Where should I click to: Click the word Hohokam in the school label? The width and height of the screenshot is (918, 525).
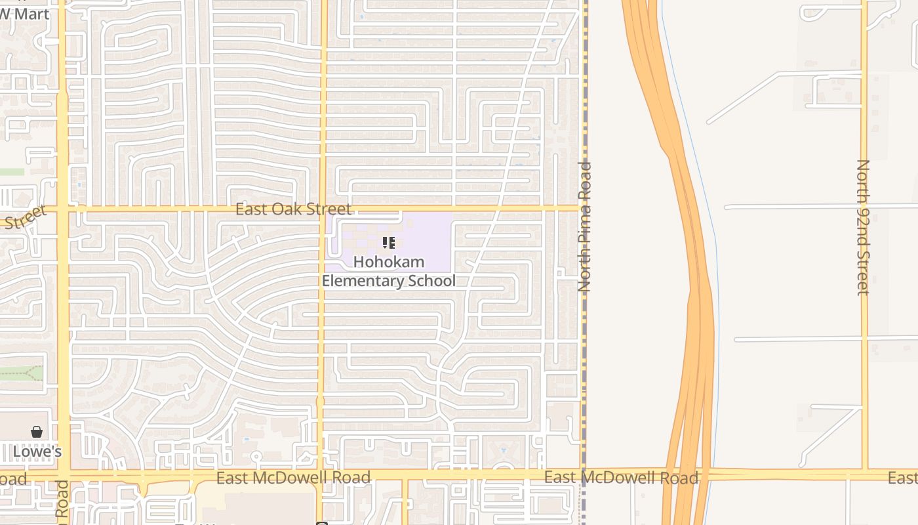(x=389, y=262)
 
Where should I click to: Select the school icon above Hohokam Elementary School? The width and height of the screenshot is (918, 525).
(x=389, y=243)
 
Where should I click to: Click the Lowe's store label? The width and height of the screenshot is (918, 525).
(x=37, y=451)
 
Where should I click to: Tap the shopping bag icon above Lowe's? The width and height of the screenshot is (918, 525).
(x=37, y=432)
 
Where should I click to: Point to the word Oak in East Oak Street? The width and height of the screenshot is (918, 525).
(x=293, y=209)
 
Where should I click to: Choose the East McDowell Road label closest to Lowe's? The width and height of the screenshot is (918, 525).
(x=293, y=477)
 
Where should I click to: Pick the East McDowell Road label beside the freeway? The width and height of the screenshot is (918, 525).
(x=621, y=477)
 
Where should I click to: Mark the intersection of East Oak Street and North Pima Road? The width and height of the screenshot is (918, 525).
(x=583, y=209)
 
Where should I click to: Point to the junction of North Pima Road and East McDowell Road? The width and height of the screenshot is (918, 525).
(x=583, y=474)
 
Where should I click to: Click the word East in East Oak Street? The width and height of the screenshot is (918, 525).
(x=249, y=209)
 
